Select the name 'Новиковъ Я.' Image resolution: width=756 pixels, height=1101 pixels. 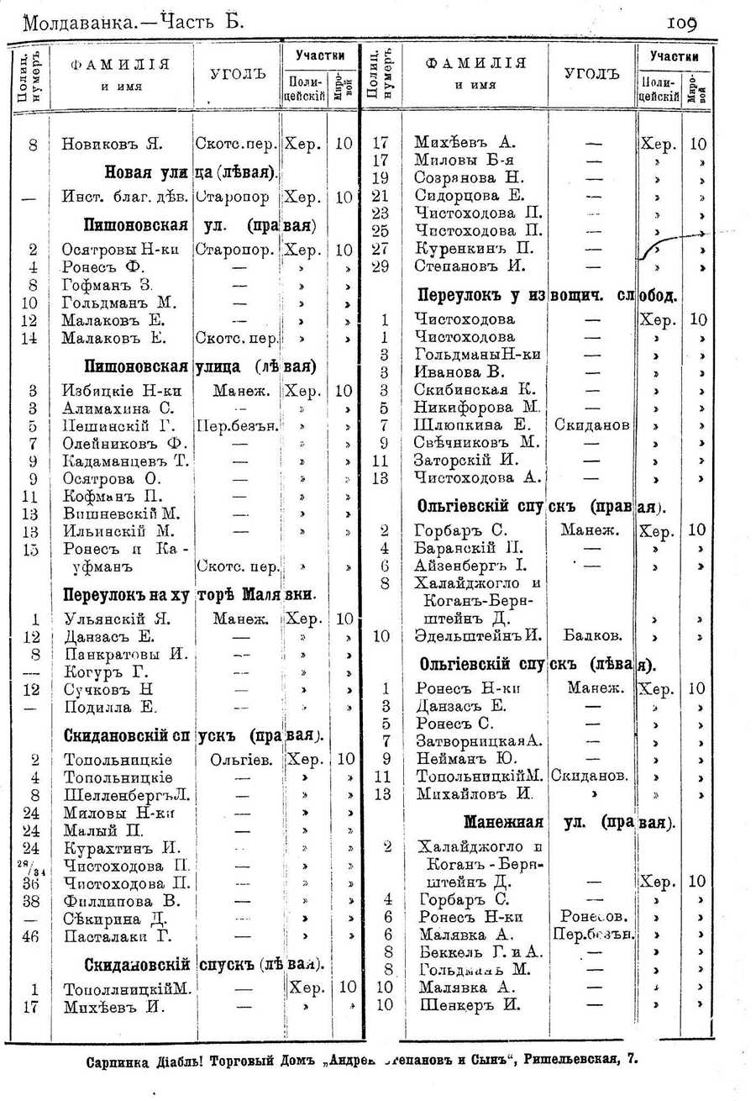tap(112, 144)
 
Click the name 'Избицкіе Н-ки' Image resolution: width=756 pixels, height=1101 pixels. tap(122, 390)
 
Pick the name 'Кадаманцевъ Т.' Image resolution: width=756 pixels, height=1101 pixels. tap(125, 461)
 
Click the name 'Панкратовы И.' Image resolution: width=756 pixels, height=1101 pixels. tap(124, 654)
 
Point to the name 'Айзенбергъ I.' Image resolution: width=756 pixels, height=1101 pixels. tap(470, 566)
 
